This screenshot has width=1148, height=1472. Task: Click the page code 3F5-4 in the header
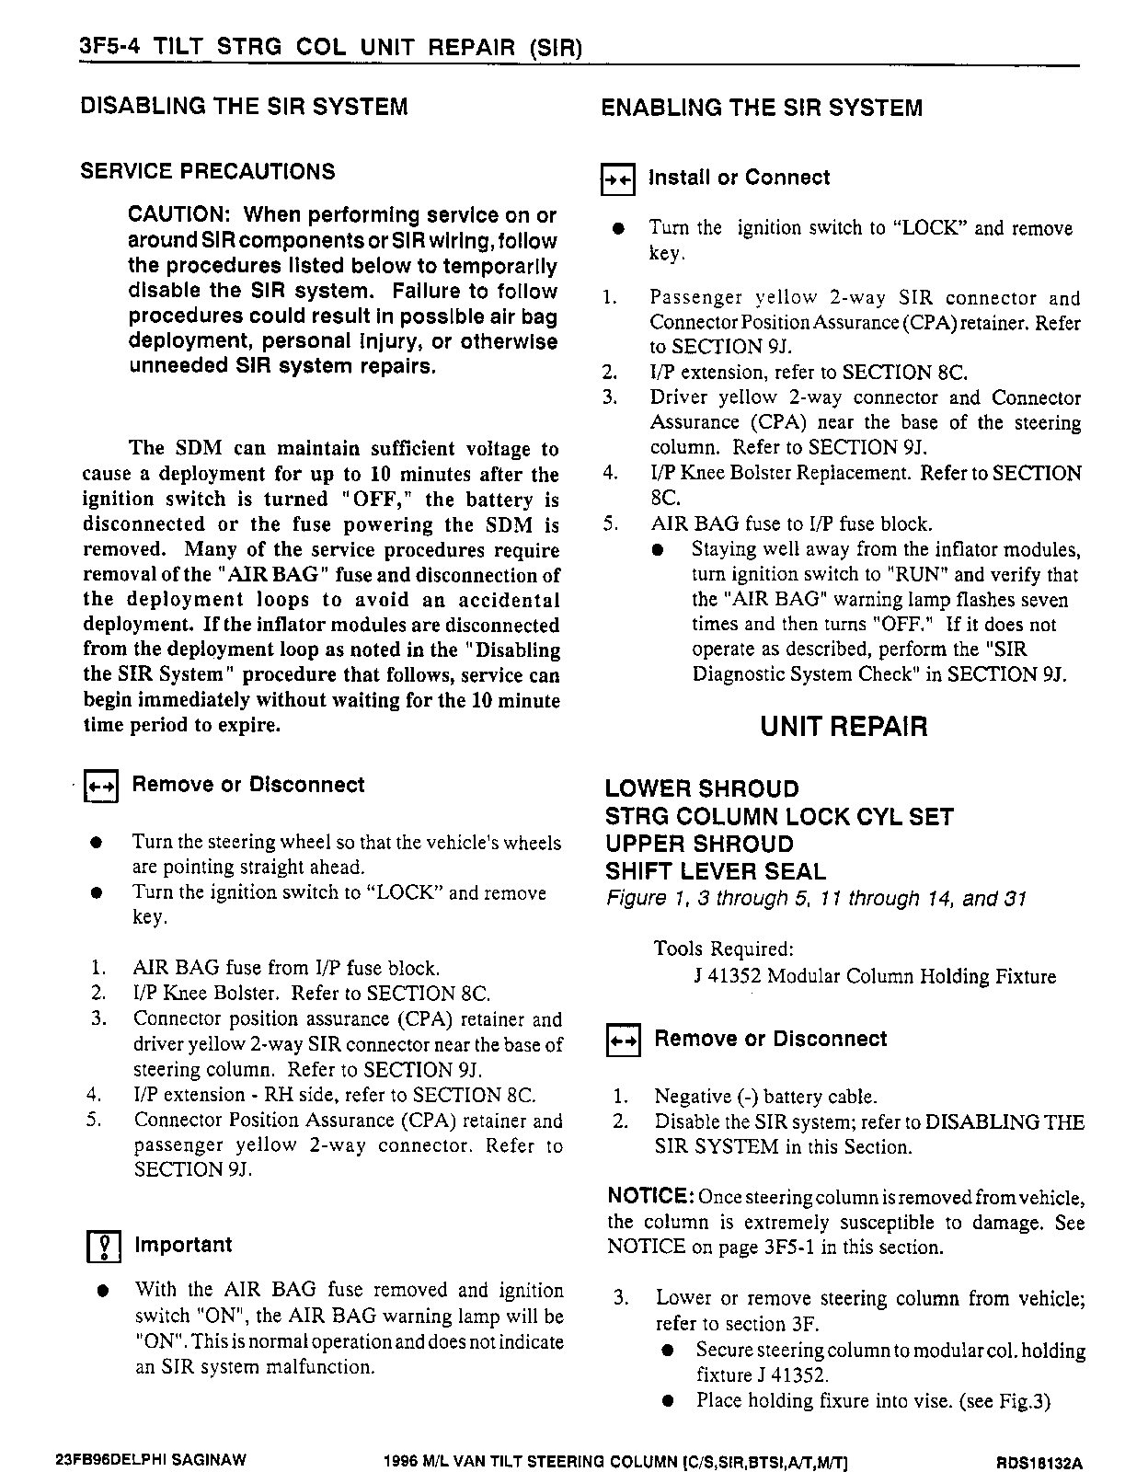pyautogui.click(x=108, y=47)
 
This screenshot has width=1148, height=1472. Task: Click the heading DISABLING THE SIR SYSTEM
pyautogui.click(x=244, y=107)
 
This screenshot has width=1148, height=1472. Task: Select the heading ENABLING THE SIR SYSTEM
pyautogui.click(x=761, y=109)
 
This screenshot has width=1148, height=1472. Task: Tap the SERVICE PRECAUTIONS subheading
pyautogui.click(x=208, y=172)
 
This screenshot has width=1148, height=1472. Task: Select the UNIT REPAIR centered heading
pyautogui.click(x=844, y=728)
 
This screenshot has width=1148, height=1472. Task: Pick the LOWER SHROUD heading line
pyautogui.click(x=702, y=789)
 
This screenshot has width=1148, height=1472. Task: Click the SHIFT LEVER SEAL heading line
pyautogui.click(x=716, y=871)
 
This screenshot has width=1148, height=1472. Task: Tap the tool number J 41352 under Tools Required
pyautogui.click(x=728, y=977)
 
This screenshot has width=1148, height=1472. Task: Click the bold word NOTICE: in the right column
pyautogui.click(x=650, y=1197)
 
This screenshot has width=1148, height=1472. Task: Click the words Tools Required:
pyautogui.click(x=723, y=949)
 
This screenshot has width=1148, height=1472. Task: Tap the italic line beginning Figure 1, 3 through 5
pyautogui.click(x=816, y=899)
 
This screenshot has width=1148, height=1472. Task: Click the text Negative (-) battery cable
pyautogui.click(x=765, y=1097)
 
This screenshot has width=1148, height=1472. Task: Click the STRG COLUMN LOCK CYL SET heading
pyautogui.click(x=779, y=817)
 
